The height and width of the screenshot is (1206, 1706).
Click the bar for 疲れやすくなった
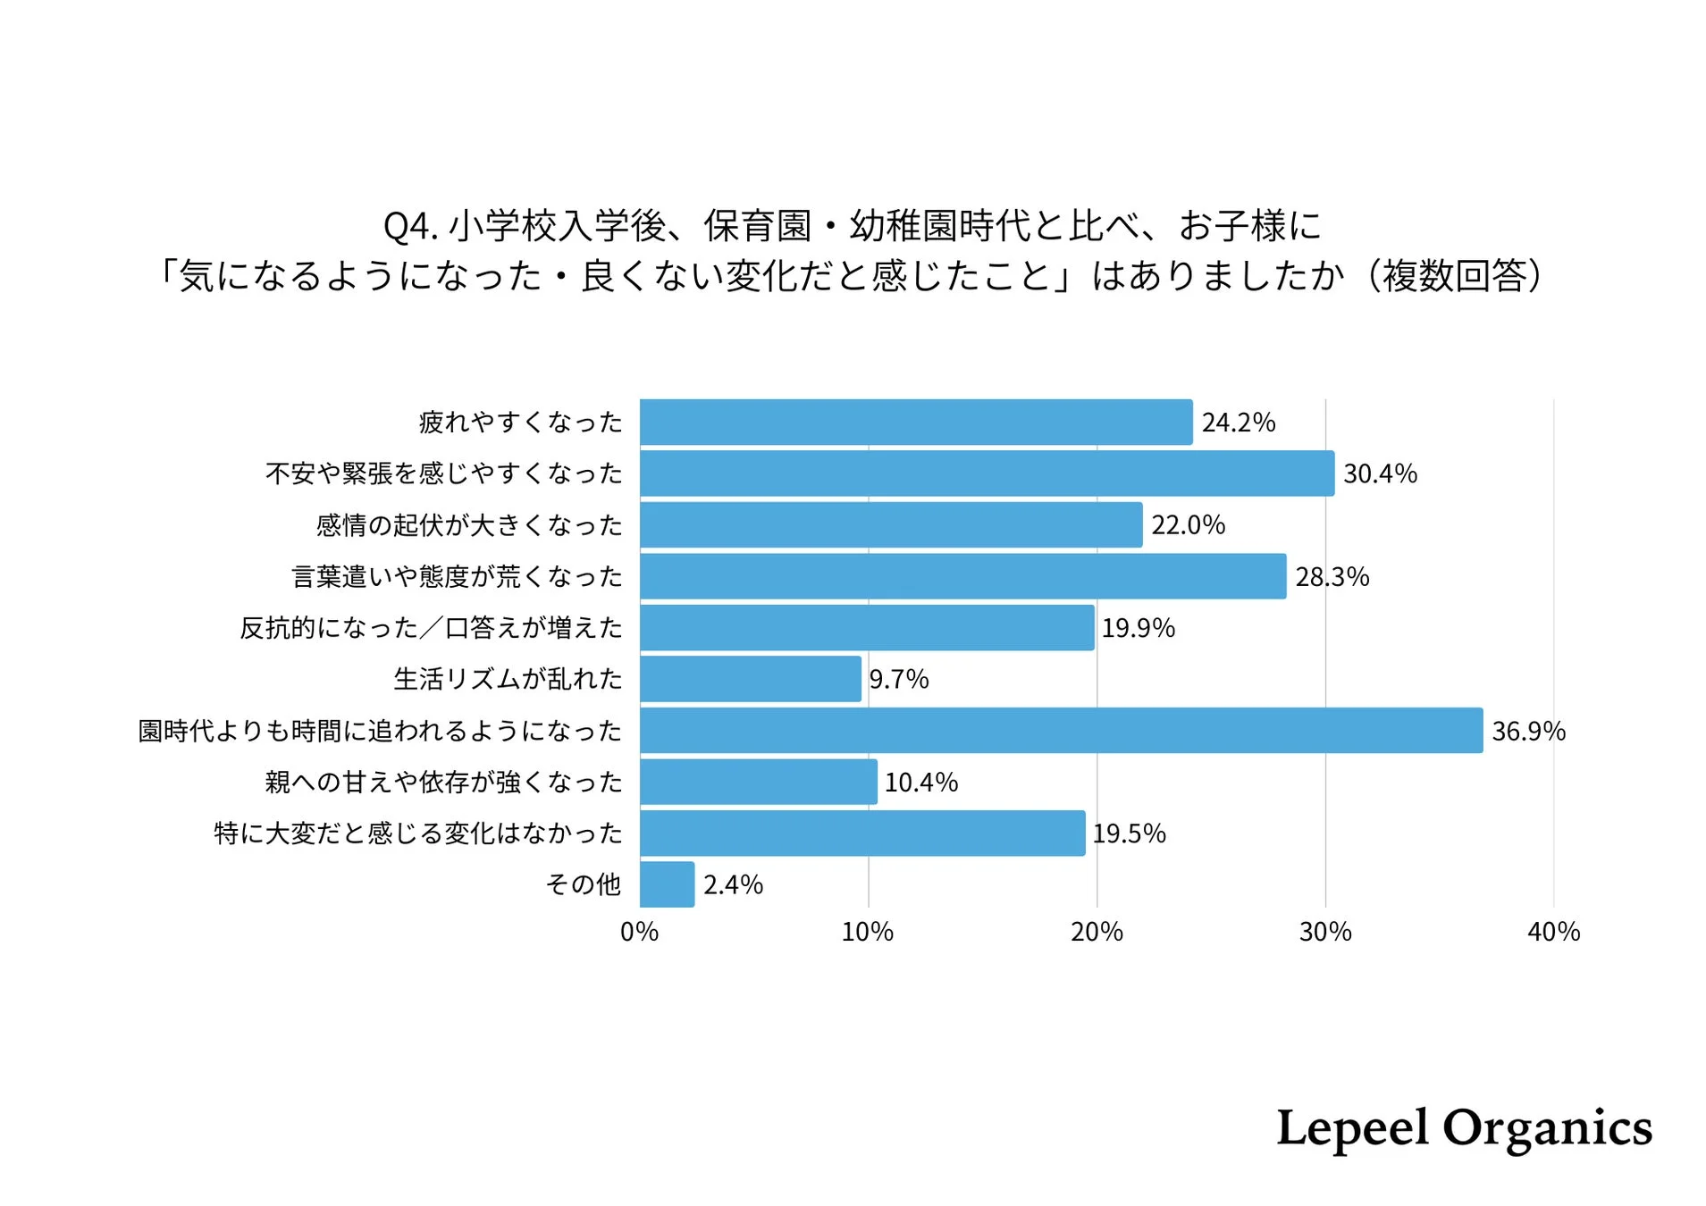point(915,422)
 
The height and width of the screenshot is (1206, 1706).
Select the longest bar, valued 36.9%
point(1061,730)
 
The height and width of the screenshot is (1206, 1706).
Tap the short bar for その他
point(667,884)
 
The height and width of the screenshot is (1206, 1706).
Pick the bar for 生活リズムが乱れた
point(750,679)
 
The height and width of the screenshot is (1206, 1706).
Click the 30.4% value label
point(1379,473)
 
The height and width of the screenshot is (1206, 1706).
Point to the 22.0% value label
point(1187,524)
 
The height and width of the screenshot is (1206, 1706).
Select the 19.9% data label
point(1137,628)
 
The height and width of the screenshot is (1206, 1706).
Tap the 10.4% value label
point(920,783)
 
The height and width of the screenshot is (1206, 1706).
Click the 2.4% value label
point(732,884)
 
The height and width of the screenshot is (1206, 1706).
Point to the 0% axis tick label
point(639,932)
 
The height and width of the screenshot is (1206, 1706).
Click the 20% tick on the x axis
point(1096,932)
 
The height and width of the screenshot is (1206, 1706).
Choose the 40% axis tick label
point(1552,932)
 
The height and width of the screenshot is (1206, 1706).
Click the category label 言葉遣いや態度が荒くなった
point(457,576)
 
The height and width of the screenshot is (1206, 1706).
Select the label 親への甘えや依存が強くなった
point(443,783)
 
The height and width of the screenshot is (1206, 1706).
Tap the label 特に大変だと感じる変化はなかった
point(417,833)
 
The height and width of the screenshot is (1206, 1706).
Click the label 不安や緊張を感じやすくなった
point(443,473)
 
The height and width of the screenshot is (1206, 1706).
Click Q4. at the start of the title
point(409,226)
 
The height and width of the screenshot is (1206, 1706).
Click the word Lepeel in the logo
point(1351,1127)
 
